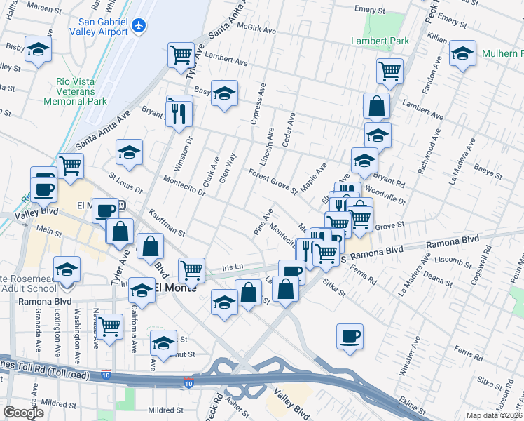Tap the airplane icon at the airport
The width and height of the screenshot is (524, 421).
pyautogui.click(x=139, y=25)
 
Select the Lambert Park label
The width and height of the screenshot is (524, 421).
pyautogui.click(x=380, y=41)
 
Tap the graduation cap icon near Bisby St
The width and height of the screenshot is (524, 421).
pyautogui.click(x=39, y=50)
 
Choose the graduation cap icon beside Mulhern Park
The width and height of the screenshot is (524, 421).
pyautogui.click(x=462, y=53)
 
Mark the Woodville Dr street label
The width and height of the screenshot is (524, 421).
pyautogui.click(x=385, y=195)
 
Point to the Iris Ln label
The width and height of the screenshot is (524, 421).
pyautogui.click(x=232, y=267)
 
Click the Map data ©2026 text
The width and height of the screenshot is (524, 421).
pyautogui.click(x=494, y=415)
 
